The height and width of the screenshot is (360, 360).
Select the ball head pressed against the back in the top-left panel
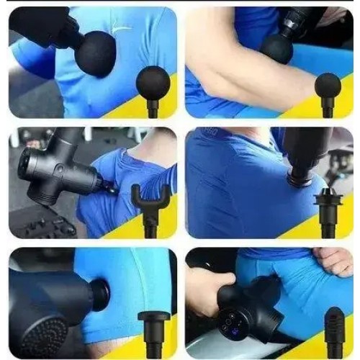pyautogui.click(x=96, y=53)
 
